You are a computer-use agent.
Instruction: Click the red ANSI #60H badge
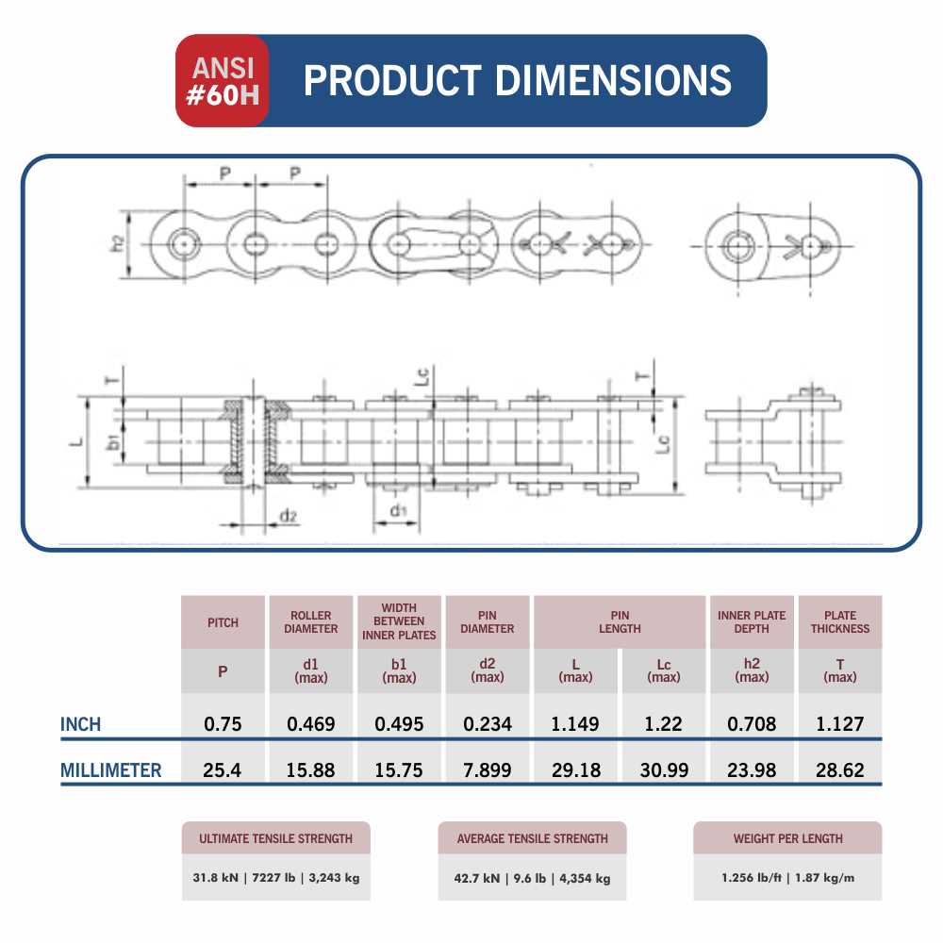222,80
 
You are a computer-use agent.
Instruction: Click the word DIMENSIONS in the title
613,80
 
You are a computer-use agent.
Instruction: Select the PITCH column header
223,622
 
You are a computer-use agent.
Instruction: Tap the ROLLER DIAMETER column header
311,622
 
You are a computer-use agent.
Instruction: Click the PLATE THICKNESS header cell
840,622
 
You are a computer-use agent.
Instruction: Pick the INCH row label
80,724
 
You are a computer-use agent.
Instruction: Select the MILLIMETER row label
111,769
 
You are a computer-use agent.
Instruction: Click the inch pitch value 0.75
223,724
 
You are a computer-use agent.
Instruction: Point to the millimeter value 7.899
488,769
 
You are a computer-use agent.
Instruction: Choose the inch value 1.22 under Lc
663,724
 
